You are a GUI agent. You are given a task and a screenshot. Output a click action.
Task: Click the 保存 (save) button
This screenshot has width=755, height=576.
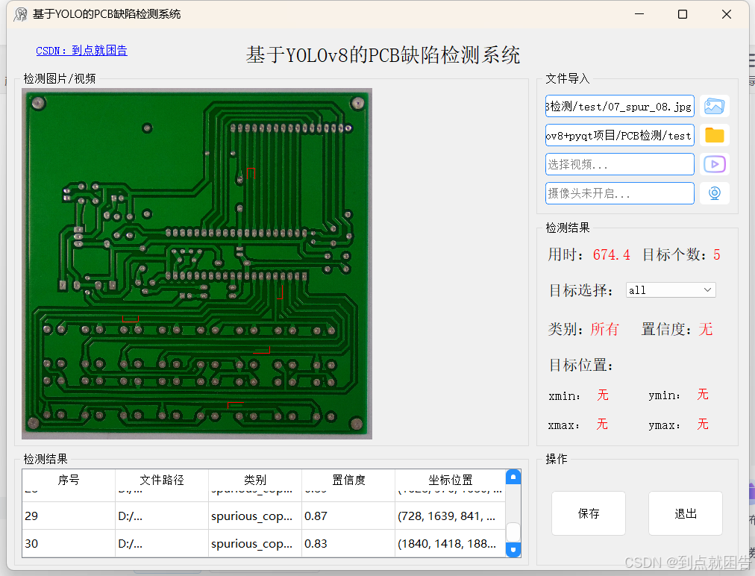point(588,513)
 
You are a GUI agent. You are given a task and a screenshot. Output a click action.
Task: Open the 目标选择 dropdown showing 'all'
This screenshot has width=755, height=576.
point(670,290)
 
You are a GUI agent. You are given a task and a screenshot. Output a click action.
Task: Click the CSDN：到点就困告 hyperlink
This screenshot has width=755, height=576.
point(81,51)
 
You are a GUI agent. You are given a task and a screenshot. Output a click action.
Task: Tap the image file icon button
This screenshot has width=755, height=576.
point(714,106)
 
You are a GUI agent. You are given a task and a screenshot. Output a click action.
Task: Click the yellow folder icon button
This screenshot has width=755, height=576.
point(714,135)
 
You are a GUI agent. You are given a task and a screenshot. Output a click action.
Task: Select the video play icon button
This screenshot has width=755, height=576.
point(714,164)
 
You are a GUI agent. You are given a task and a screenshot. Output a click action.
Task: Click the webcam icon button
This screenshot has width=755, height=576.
point(714,193)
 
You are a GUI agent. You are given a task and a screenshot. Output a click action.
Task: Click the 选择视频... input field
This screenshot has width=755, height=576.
point(619,164)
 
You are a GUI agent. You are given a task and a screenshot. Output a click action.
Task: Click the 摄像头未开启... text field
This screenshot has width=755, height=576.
point(619,193)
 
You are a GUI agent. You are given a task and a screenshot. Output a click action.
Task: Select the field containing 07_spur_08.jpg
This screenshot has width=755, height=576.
point(619,106)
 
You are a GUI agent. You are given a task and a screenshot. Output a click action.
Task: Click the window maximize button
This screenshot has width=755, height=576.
point(682,14)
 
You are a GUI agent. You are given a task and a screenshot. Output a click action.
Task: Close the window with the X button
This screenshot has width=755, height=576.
point(726,14)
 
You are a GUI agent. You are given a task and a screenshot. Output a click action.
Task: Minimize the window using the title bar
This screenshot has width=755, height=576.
point(639,14)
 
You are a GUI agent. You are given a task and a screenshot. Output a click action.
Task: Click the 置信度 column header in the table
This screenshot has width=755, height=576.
point(348,480)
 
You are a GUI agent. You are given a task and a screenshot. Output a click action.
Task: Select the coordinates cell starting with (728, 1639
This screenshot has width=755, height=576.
point(450,516)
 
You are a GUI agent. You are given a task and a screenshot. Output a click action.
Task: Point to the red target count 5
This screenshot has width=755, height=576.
point(717,254)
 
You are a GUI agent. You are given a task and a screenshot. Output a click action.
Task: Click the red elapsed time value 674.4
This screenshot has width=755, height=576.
point(611,254)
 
